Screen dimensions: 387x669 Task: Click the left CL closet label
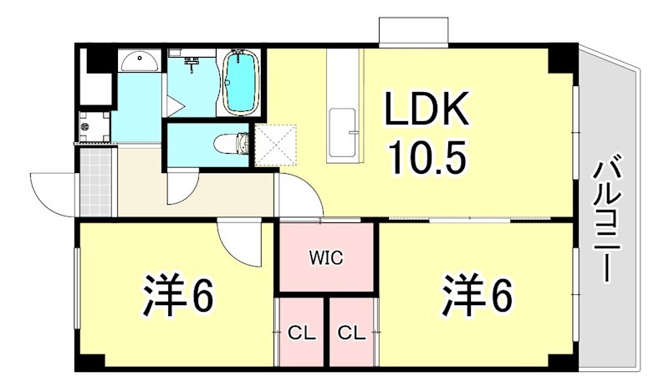pos(301,333)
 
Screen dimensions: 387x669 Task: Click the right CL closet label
pos(351,333)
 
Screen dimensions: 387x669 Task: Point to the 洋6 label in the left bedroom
pos(178,294)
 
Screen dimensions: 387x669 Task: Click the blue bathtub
pos(240,84)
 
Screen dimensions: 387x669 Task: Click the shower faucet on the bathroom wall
pos(192,61)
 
